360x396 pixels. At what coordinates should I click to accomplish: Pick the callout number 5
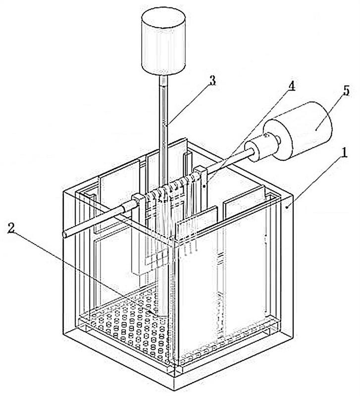click(346, 91)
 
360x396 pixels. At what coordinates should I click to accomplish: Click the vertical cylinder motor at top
click(163, 42)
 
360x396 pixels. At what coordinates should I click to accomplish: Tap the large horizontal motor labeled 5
click(298, 131)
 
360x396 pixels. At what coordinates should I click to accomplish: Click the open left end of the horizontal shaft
click(65, 235)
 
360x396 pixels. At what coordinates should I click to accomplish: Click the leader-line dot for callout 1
click(287, 207)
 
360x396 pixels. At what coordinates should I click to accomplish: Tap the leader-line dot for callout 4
click(204, 186)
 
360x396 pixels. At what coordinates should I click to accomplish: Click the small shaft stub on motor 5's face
click(278, 140)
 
